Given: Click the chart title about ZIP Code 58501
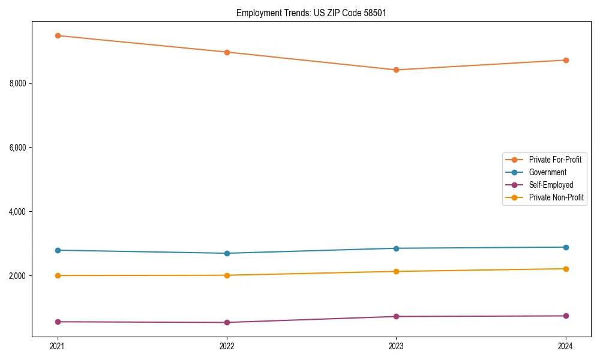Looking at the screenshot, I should click(311, 13).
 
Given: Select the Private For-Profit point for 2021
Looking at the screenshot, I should click(58, 35).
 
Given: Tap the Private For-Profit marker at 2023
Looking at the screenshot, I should click(396, 70).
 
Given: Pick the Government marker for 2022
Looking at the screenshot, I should click(227, 253).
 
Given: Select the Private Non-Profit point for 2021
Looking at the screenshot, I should click(58, 275).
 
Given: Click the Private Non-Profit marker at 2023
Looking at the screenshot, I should click(396, 271).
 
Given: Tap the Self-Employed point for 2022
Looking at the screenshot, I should click(227, 322).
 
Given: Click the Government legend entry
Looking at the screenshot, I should click(547, 172).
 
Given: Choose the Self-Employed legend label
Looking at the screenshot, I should click(551, 185).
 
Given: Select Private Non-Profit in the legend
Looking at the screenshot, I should click(556, 197).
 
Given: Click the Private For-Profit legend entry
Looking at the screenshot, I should click(555, 160).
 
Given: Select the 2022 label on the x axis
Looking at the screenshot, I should click(227, 346).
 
